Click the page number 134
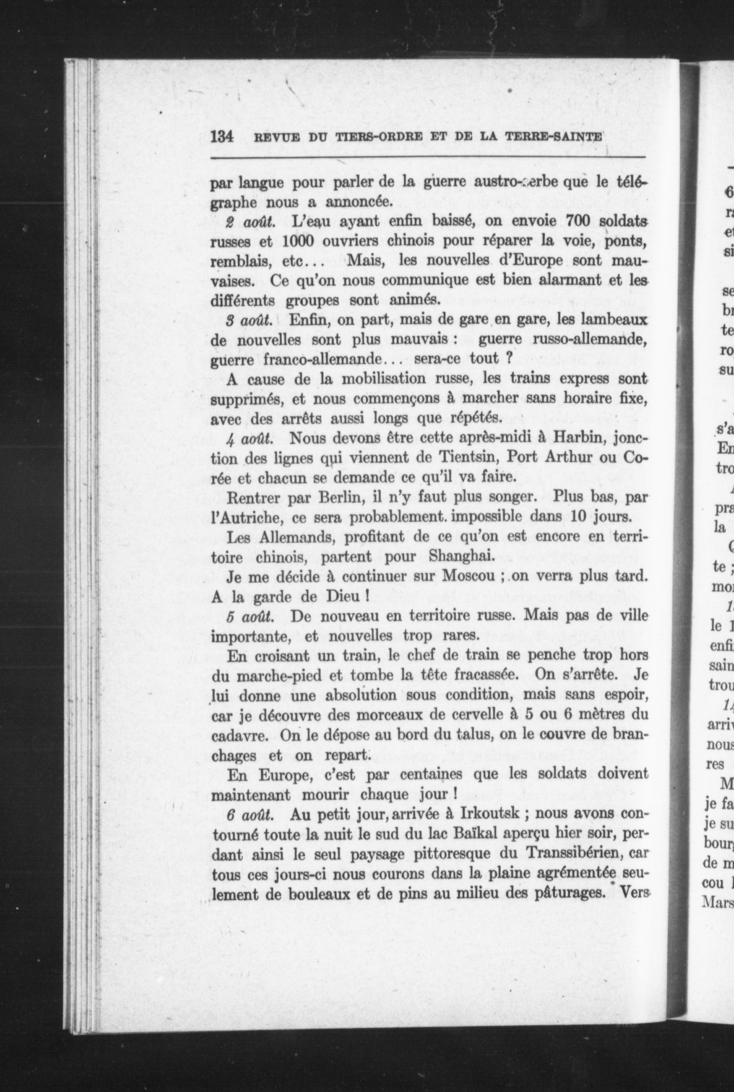coord(222,137)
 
